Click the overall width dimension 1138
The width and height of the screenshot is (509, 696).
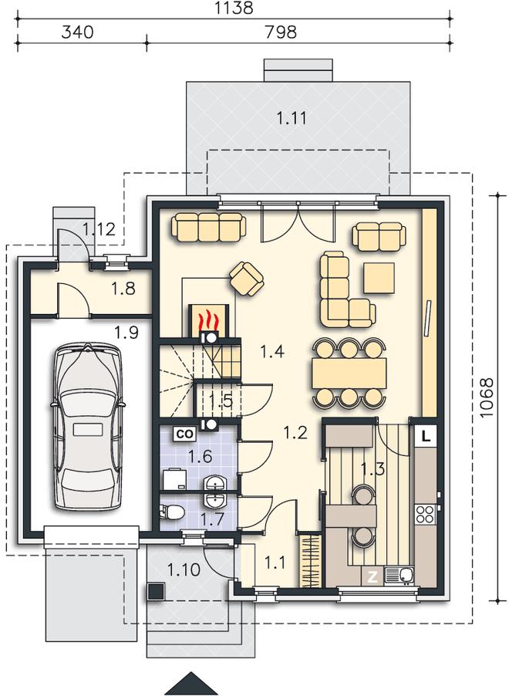pyautogui.click(x=234, y=8)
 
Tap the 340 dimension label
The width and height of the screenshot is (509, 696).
pyautogui.click(x=78, y=32)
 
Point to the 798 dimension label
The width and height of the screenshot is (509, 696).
pyautogui.click(x=280, y=32)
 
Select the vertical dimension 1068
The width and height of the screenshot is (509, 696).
pyautogui.click(x=487, y=397)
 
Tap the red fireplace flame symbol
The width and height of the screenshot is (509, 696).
pyautogui.click(x=207, y=319)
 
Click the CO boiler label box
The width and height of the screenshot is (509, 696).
pyautogui.click(x=184, y=434)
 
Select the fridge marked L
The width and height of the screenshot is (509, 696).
pyautogui.click(x=426, y=436)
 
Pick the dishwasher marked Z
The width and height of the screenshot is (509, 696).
pyautogui.click(x=372, y=576)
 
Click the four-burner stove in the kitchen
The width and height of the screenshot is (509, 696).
pyautogui.click(x=426, y=514)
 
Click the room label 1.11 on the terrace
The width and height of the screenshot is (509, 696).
pyautogui.click(x=292, y=119)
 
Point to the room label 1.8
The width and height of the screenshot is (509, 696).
pyautogui.click(x=123, y=289)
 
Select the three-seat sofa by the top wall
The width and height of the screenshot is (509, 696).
pyautogui.click(x=208, y=227)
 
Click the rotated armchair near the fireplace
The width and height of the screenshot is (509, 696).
pyautogui.click(x=247, y=279)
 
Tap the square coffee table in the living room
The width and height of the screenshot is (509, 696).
pyautogui.click(x=379, y=278)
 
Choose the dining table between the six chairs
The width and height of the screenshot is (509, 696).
pyautogui.click(x=349, y=373)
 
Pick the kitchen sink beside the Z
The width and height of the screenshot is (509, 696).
pyautogui.click(x=399, y=576)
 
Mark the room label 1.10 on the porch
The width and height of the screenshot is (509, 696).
pyautogui.click(x=184, y=569)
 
